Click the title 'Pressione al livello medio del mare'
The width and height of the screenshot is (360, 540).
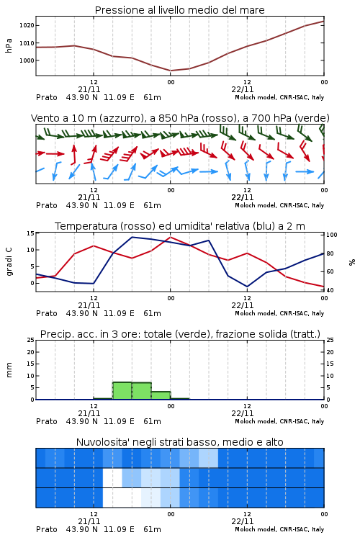tap(179, 10)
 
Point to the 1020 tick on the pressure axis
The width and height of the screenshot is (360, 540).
tap(27, 25)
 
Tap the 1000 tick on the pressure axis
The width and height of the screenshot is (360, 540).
tap(27, 60)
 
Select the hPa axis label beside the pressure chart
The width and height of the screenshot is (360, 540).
tap(9, 45)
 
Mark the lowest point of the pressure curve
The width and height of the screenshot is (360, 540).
tap(171, 71)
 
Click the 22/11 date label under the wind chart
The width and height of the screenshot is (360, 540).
tap(243, 197)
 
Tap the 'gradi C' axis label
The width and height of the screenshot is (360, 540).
tap(9, 262)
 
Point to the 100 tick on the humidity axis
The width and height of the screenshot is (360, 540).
tap(332, 235)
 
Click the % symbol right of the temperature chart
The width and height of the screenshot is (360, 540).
tap(352, 262)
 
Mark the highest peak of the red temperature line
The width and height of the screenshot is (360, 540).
tap(171, 237)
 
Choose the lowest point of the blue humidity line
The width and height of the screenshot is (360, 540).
tap(247, 287)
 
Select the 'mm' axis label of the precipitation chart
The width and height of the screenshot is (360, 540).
tap(9, 370)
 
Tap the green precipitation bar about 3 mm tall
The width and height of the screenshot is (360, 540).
tap(161, 395)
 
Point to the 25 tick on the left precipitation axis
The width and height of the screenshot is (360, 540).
tap(31, 340)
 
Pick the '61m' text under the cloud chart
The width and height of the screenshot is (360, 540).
tap(152, 529)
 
